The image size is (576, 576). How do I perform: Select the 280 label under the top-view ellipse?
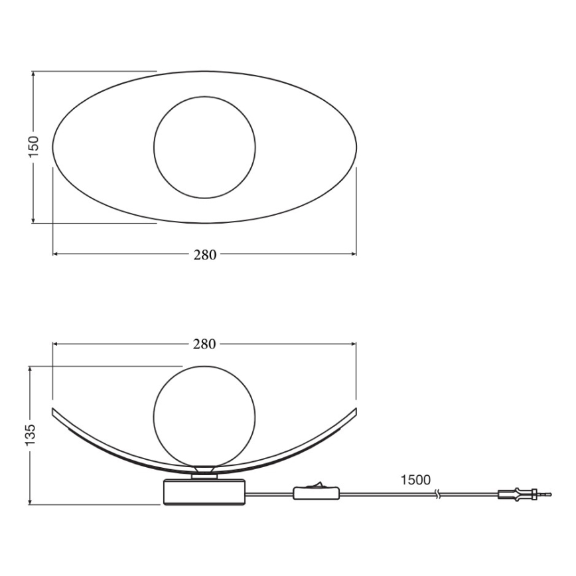click(204, 255)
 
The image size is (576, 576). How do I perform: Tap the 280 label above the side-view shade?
click(204, 344)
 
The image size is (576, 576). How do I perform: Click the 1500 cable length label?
click(415, 480)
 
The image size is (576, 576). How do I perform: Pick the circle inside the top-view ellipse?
click(204, 147)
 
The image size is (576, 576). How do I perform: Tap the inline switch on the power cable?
click(316, 493)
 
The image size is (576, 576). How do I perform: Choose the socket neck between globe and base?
click(204, 474)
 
